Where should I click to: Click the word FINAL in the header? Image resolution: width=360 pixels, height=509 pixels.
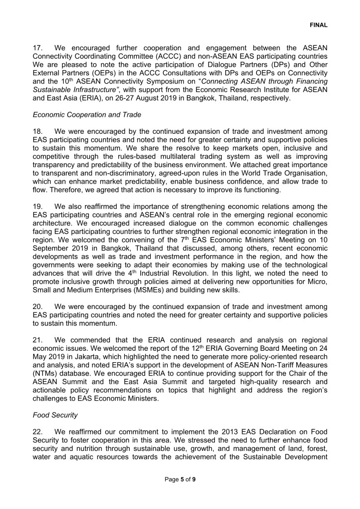click(319, 24)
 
